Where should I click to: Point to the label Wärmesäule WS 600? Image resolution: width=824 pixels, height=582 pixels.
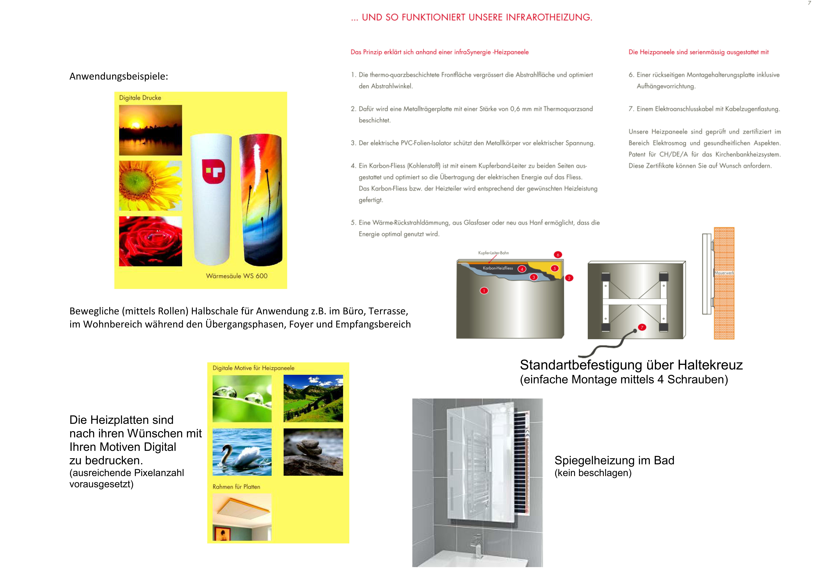click(x=237, y=276)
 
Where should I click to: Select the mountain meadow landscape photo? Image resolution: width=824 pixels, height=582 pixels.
click(x=313, y=398)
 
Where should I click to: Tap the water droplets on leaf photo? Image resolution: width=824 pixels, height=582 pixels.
click(x=242, y=398)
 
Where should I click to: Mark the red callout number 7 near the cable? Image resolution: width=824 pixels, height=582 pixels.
click(x=642, y=327)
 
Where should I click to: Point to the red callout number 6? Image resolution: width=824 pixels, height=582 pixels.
click(x=558, y=255)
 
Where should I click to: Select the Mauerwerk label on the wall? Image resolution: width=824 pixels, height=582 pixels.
click(x=724, y=273)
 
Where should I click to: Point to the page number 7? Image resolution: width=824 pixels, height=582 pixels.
click(x=809, y=3)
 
